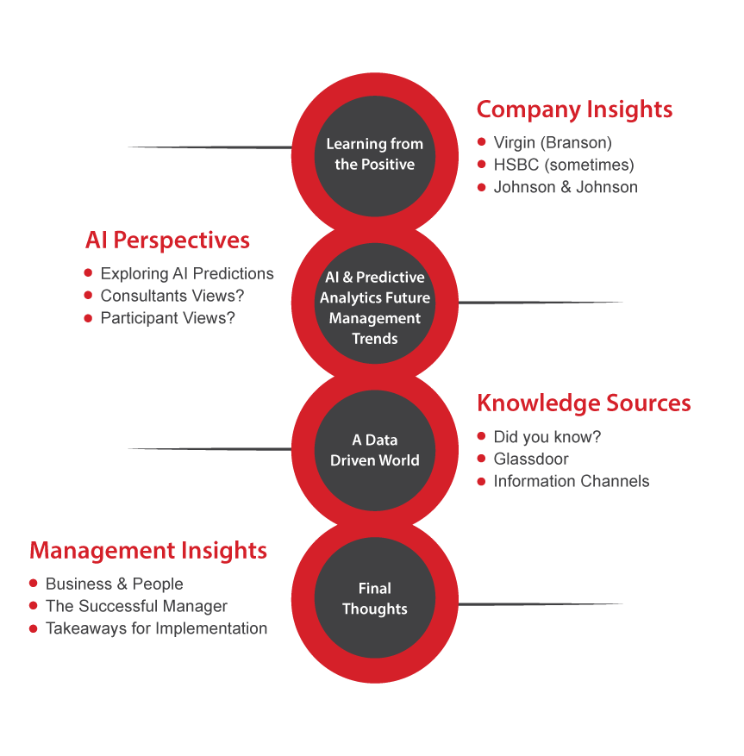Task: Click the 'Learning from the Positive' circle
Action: (x=374, y=154)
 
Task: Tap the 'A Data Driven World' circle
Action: (x=374, y=450)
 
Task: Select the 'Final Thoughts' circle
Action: (x=374, y=598)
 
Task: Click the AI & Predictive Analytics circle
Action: (x=374, y=308)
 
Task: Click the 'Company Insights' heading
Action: (x=574, y=109)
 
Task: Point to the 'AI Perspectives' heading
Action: (x=167, y=240)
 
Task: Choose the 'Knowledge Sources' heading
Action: (x=584, y=403)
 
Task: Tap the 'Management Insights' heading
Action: (x=148, y=550)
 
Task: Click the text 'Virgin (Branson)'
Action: (x=553, y=142)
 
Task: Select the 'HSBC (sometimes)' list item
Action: (x=564, y=165)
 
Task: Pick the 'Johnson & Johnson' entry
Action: (x=566, y=187)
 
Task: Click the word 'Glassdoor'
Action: (x=531, y=459)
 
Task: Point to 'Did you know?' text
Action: (x=547, y=437)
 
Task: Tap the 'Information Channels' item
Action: (x=572, y=481)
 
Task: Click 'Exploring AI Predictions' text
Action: (x=187, y=274)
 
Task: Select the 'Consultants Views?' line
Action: (x=179, y=296)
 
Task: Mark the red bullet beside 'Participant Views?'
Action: (x=88, y=318)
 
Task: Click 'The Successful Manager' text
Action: (x=136, y=606)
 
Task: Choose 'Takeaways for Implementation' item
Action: (x=156, y=628)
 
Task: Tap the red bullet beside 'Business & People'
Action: (x=34, y=584)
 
